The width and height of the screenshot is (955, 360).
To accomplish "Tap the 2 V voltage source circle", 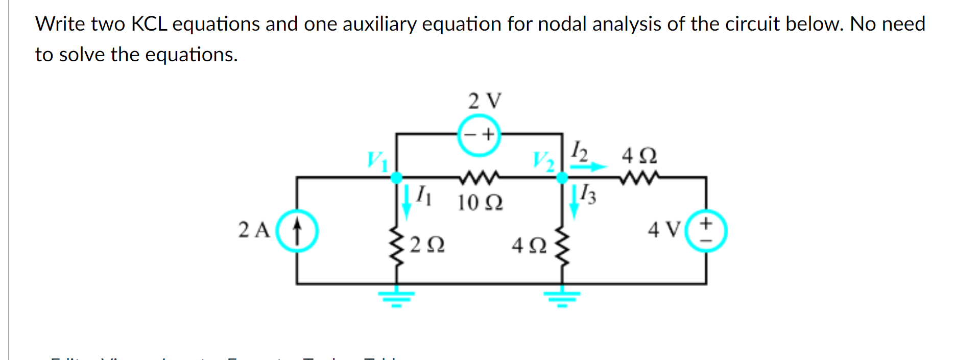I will click(479, 135).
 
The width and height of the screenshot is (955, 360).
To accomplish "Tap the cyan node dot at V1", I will click(396, 178).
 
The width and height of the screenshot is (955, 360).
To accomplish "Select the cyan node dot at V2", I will click(562, 178).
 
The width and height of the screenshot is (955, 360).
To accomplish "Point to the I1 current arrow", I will click(407, 200).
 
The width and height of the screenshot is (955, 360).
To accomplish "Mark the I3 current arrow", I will click(574, 201).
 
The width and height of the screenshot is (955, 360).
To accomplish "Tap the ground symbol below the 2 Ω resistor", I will click(396, 297).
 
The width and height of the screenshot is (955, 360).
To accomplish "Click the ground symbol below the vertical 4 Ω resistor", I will click(562, 297).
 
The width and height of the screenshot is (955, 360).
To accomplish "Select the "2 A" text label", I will click(254, 230).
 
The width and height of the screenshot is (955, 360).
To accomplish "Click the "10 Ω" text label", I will click(480, 203).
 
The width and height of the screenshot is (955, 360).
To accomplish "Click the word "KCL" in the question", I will click(149, 24).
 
